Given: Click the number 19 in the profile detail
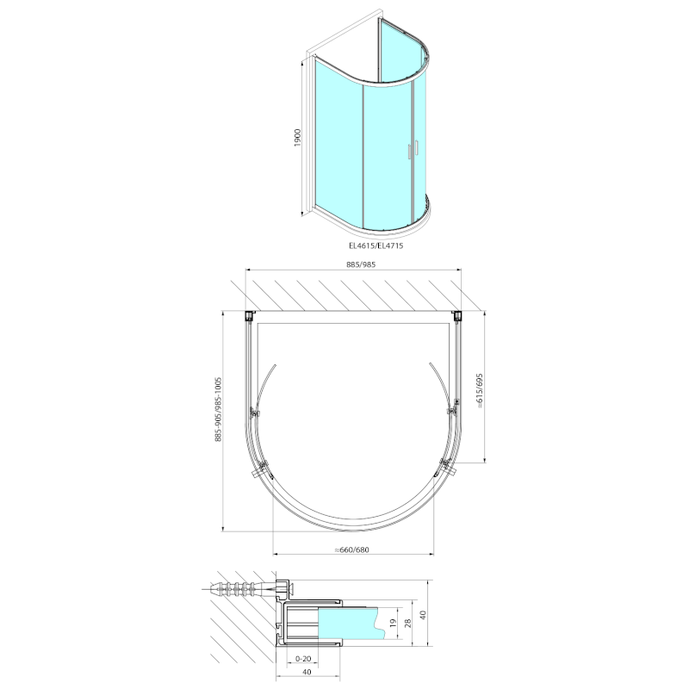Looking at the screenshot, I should [x=392, y=623].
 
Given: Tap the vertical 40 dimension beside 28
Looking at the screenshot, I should [x=423, y=615].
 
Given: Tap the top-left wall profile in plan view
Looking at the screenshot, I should [x=250, y=315].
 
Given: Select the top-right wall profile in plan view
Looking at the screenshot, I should [x=456, y=315].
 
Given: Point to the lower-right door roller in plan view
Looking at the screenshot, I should [x=446, y=468].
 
